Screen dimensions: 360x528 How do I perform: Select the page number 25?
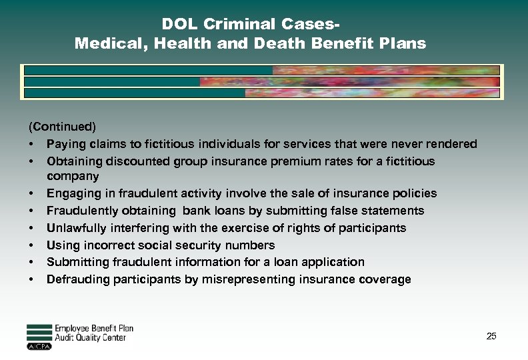(491, 336)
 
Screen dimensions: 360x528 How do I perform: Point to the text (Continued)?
(62, 126)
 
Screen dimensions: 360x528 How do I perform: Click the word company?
(73, 176)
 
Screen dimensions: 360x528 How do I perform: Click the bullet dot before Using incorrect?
(31, 245)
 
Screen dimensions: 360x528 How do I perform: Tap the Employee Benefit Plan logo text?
(94, 329)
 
